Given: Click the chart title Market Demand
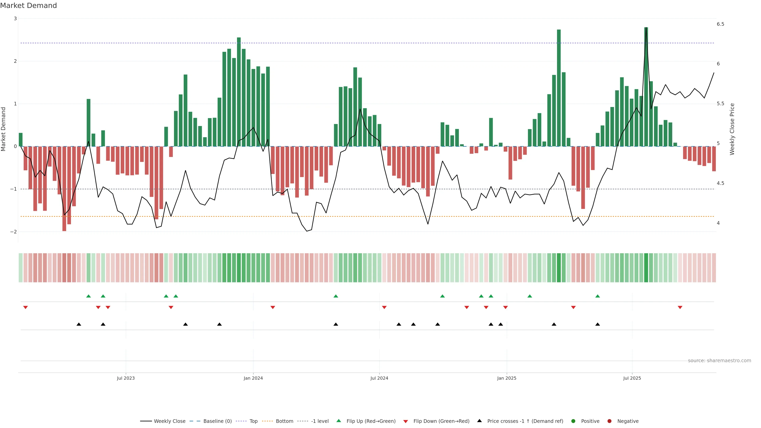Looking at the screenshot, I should pos(28,6).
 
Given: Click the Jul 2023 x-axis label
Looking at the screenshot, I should pos(126,378).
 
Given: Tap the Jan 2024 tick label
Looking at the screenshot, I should pos(253,378).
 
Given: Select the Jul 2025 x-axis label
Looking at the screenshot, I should pos(632,378).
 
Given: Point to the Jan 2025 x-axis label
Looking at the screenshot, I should pos(507,378).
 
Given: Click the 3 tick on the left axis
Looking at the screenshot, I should pos(15,19).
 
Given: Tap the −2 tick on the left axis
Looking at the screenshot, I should pos(14,232).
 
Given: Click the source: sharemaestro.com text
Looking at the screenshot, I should pos(719,361).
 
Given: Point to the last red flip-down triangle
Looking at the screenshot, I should pos(680,308).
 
